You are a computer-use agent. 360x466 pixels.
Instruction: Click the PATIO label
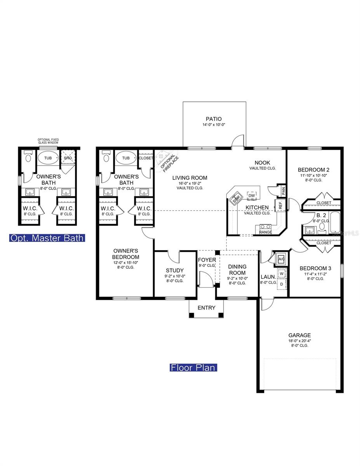point(214,119)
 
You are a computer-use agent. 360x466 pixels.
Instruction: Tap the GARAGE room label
point(299,335)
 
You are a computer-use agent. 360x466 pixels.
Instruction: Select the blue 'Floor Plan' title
point(193,367)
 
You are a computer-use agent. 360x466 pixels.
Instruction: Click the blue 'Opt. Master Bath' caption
point(47,238)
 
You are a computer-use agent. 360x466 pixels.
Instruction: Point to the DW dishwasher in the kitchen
point(252,195)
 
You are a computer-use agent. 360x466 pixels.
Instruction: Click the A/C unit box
point(281,259)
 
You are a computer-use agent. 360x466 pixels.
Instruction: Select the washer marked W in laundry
point(282,274)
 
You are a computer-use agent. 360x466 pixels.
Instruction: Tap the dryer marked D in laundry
point(282,284)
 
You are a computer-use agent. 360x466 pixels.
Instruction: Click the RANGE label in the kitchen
point(265,232)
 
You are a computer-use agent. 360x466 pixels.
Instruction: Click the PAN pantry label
point(283,191)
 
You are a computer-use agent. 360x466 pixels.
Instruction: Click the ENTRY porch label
point(206,308)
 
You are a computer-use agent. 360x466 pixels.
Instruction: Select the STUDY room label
point(175,270)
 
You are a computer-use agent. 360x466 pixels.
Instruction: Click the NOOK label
point(263,163)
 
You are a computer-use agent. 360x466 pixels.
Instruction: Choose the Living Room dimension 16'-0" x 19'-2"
point(190,183)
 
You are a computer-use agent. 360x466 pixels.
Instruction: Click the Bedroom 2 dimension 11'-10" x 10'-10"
point(314,175)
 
